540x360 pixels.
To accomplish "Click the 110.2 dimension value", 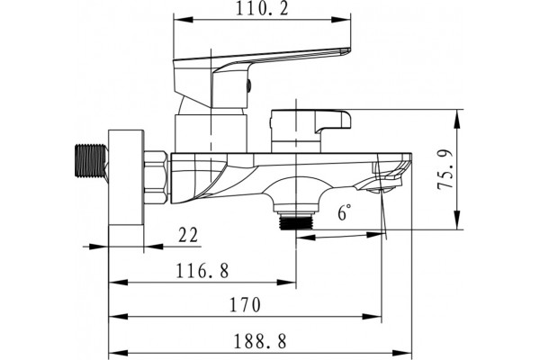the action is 261,9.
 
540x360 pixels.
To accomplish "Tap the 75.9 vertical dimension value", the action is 445,169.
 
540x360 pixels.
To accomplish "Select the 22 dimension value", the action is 188,235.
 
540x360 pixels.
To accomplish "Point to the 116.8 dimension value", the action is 202,271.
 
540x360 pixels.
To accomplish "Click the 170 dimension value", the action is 245,304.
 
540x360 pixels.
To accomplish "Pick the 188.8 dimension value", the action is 260,342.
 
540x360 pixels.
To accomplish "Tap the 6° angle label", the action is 345,212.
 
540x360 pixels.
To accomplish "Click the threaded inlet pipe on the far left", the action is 91,161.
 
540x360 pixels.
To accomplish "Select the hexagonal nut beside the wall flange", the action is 156,177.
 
